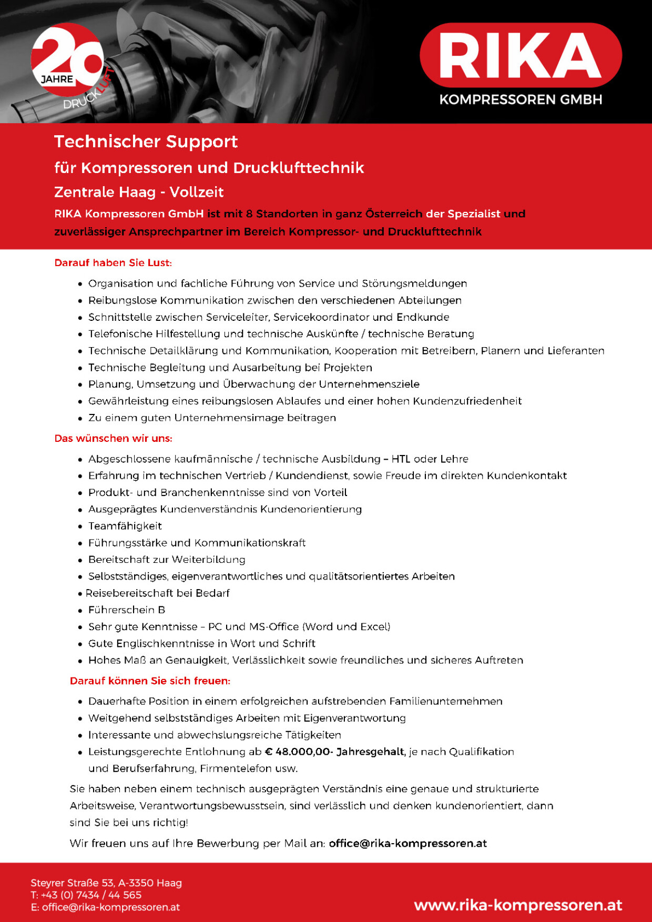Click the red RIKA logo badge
[x=521, y=55]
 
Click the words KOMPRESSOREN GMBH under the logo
[x=521, y=99]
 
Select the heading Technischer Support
[x=146, y=141]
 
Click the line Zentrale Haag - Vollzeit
[x=139, y=192]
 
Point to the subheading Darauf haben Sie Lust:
[x=113, y=262]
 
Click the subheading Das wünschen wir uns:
[x=113, y=438]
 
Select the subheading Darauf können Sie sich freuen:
[x=150, y=681]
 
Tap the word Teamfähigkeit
[x=125, y=526]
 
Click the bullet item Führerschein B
[x=126, y=610]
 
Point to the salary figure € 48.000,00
[x=298, y=752]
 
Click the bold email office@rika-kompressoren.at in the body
[x=407, y=843]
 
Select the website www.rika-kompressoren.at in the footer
[x=517, y=905]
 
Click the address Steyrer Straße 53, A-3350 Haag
[x=106, y=883]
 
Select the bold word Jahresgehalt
[x=370, y=752]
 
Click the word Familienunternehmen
[x=445, y=701]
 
